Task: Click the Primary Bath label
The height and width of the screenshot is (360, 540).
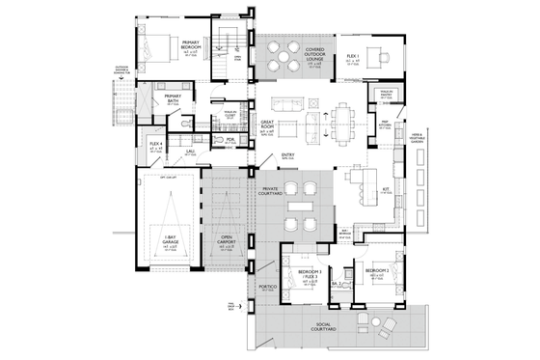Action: click(x=173, y=97)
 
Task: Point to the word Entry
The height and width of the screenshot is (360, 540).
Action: click(x=287, y=153)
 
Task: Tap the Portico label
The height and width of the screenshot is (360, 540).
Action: click(x=268, y=288)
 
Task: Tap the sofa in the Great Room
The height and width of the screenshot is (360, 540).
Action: click(x=283, y=104)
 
